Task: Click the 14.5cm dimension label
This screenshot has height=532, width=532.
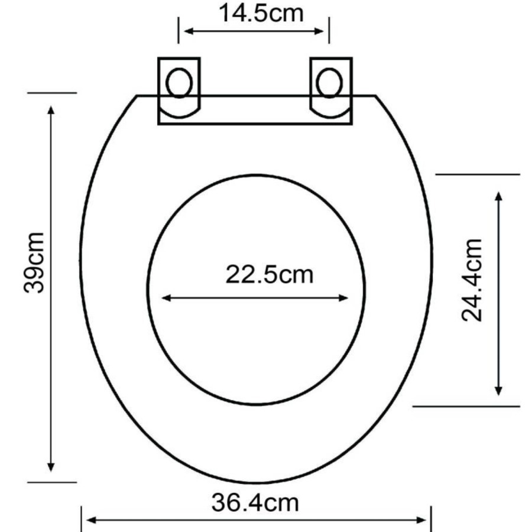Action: click(261, 13)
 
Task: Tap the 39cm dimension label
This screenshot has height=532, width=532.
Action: click(34, 262)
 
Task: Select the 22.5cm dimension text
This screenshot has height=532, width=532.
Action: click(270, 274)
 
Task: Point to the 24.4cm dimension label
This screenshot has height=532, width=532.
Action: click(472, 280)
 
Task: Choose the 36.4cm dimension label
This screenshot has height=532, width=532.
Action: click(255, 502)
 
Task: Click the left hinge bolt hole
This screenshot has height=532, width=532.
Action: click(179, 83)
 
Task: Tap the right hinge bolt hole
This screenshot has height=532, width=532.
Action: click(329, 83)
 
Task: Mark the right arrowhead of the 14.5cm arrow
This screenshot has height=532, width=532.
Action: click(319, 31)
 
